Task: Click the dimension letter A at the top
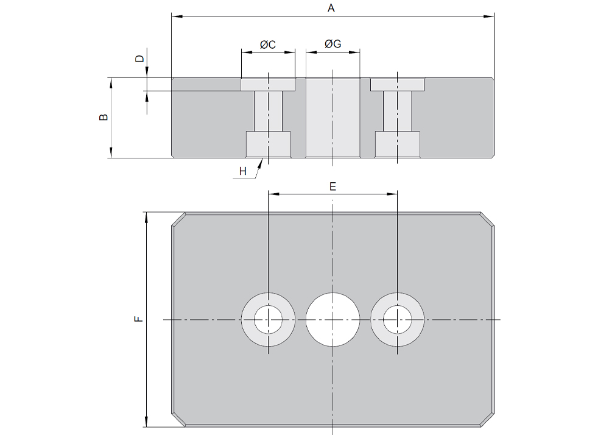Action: click(x=332, y=8)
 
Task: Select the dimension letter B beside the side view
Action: click(x=104, y=117)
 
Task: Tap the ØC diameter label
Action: click(x=268, y=44)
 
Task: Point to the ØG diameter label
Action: click(x=333, y=44)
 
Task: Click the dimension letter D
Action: click(x=139, y=59)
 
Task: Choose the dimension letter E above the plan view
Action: click(x=333, y=186)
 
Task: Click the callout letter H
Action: click(x=243, y=172)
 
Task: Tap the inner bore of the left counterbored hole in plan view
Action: click(x=268, y=319)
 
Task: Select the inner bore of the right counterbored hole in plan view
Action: click(x=397, y=319)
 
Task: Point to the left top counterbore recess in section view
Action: click(x=268, y=85)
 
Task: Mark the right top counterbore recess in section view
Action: click(x=397, y=85)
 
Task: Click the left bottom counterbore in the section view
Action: click(x=268, y=144)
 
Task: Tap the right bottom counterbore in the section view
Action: click(x=397, y=144)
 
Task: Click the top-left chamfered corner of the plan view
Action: click(x=178, y=220)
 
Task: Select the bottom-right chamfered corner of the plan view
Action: click(x=487, y=419)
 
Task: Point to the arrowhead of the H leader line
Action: click(x=262, y=161)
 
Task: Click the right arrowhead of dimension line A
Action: click(x=490, y=16)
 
